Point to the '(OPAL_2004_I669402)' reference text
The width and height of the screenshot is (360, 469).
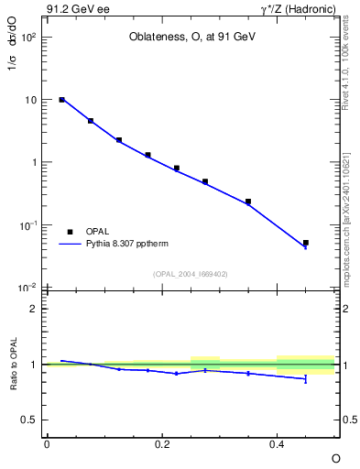point(191,273)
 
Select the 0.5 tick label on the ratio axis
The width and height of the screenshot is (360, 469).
point(30,420)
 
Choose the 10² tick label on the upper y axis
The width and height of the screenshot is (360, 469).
point(29,38)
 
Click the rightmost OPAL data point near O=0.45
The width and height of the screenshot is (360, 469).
point(306,243)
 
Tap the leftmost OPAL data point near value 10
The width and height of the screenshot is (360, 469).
point(61,100)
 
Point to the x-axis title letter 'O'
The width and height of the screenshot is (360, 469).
point(335,457)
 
